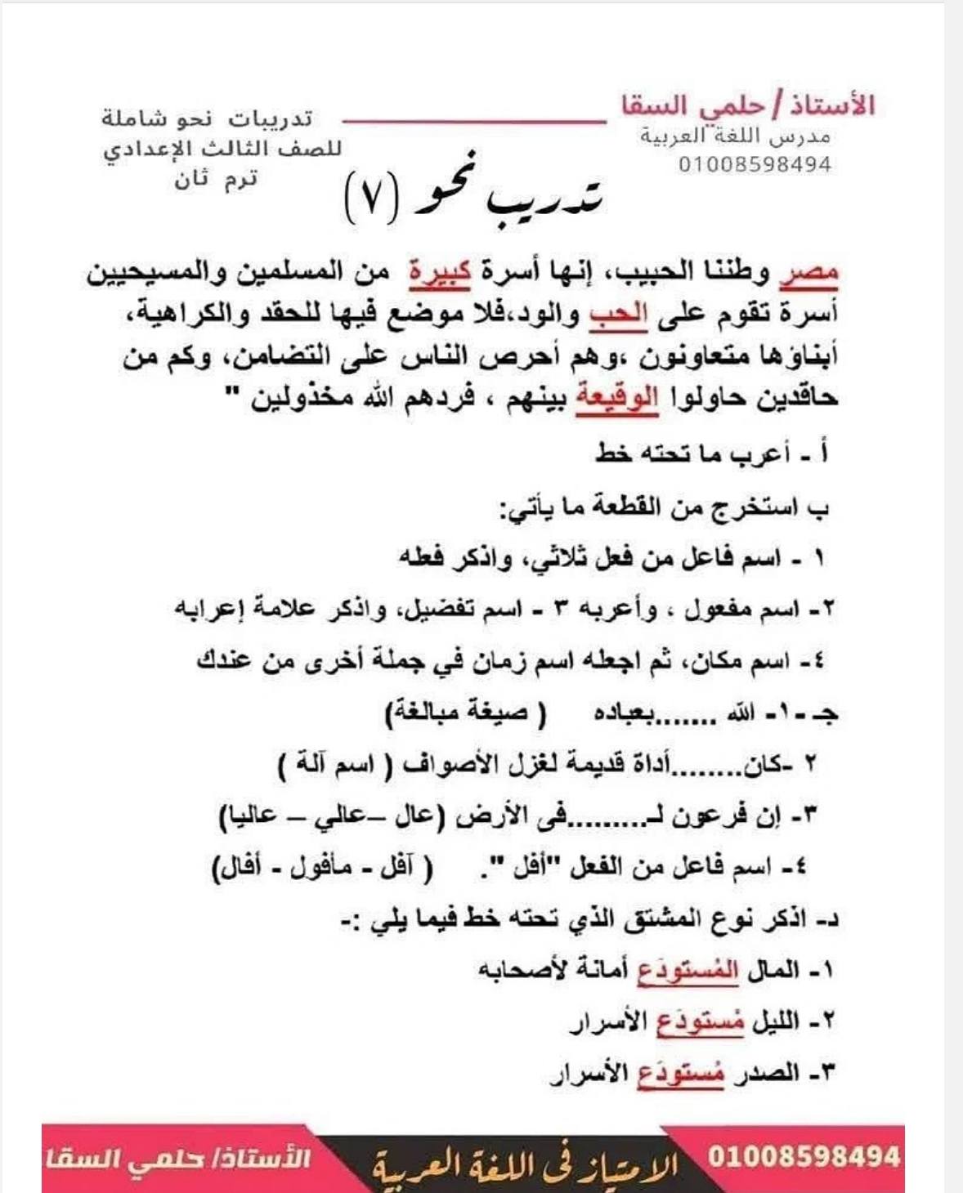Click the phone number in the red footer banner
tap(804, 1156)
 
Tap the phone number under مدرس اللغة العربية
tap(754, 164)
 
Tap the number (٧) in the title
tap(371, 199)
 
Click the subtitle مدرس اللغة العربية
tap(735, 136)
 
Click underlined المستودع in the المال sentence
tap(688, 971)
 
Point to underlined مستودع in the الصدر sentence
tap(680, 1074)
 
